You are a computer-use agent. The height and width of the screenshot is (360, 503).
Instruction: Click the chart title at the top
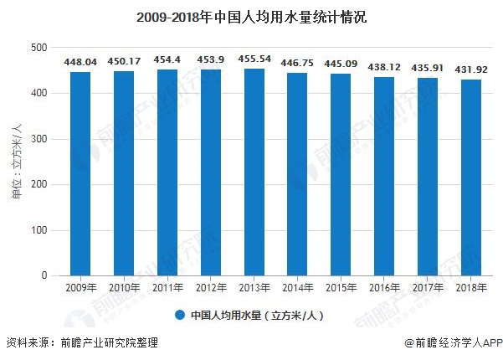click(x=251, y=16)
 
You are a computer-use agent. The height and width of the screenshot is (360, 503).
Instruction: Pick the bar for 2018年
click(x=470, y=177)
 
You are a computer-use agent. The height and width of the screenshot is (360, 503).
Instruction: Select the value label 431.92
click(x=470, y=69)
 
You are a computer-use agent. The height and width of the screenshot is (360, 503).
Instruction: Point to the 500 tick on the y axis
click(x=39, y=48)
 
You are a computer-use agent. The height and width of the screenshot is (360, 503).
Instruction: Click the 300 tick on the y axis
click(x=39, y=139)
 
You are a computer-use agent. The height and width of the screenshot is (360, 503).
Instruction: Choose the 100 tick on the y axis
click(x=39, y=230)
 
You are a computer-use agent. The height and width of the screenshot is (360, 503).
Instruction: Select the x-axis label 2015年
click(x=341, y=287)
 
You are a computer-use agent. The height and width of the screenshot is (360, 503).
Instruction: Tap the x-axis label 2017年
click(x=427, y=287)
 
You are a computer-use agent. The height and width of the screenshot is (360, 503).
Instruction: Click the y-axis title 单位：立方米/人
click(x=15, y=162)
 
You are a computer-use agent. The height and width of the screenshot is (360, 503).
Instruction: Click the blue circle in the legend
click(x=179, y=316)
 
